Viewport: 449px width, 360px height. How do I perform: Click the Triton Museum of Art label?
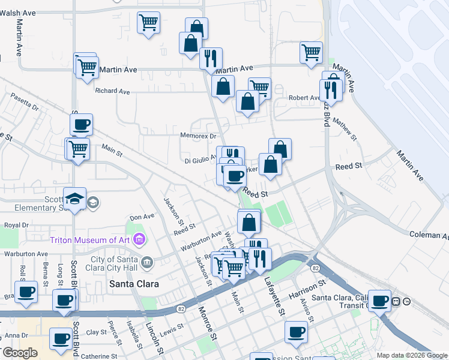(90, 240)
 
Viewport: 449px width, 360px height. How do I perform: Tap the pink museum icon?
(139, 240)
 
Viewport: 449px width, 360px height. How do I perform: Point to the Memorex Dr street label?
(197, 136)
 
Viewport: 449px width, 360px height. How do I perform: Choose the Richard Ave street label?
(112, 92)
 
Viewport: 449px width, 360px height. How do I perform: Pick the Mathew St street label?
(345, 129)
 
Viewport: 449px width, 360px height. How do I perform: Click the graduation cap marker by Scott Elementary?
(74, 199)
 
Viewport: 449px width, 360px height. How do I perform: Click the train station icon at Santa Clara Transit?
(396, 301)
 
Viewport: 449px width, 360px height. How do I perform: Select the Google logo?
(20, 353)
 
